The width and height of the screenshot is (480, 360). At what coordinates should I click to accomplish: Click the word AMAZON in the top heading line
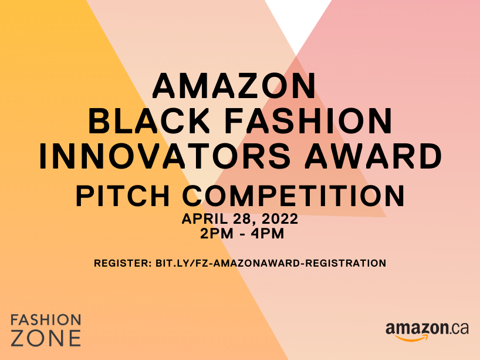point(234,86)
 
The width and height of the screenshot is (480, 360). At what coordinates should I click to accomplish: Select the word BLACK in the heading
point(149,121)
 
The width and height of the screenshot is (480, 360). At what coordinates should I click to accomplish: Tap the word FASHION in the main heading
point(308,121)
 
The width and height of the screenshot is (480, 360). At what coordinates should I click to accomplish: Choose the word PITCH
point(123,196)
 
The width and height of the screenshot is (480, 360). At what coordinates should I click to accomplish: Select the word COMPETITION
point(293,196)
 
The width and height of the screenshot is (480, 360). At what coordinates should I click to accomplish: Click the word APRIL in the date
point(204,218)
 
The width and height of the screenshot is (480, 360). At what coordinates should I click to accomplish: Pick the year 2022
point(280,218)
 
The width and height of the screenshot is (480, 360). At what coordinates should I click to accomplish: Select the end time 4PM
point(268,234)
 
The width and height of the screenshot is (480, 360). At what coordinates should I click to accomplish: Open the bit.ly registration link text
point(271,263)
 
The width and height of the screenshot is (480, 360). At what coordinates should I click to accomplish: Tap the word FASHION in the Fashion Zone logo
point(46,320)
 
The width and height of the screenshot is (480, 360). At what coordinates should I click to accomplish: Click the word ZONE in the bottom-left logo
point(46,338)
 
